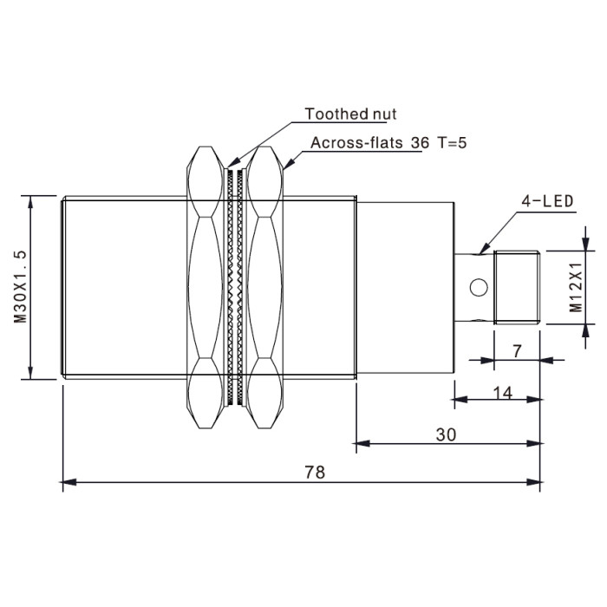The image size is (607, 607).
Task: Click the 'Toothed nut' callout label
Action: (350, 114)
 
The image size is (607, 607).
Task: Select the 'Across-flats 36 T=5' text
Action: (388, 143)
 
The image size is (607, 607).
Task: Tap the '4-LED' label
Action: (547, 201)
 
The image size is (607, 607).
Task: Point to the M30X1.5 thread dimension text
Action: (21, 286)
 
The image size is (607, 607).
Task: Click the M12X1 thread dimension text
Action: (575, 287)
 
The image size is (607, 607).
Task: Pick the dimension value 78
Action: (315, 473)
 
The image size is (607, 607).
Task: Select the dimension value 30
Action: (446, 434)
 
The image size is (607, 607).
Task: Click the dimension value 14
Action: (503, 394)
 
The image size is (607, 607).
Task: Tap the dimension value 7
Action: (517, 351)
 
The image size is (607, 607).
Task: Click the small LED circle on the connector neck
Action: (479, 287)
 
